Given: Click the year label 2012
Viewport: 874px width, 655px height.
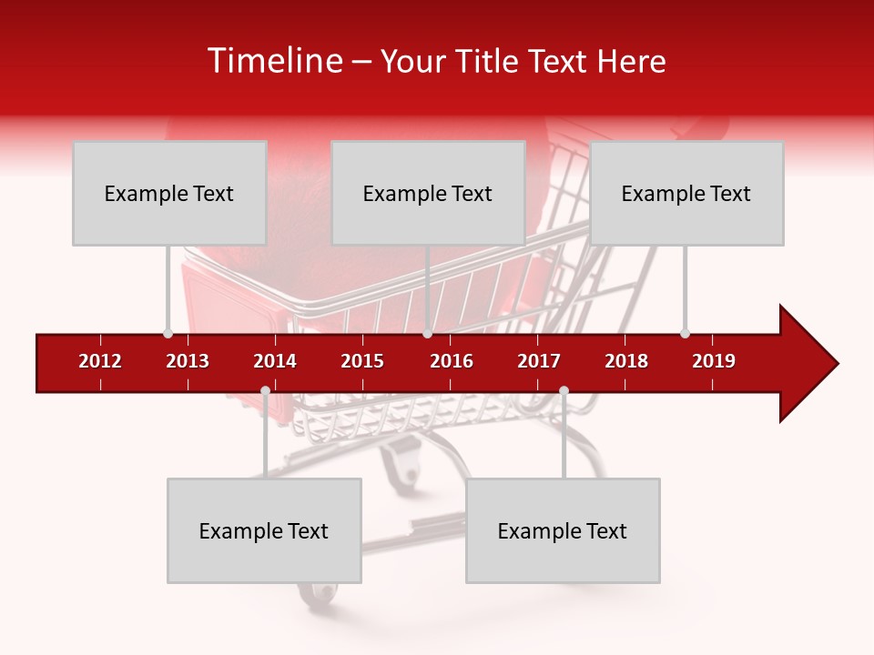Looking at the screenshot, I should [100, 361].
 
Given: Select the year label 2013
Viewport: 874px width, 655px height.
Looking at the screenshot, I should [188, 361].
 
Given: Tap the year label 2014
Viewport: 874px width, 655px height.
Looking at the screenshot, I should [275, 361].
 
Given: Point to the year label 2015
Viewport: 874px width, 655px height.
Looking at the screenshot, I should [362, 361].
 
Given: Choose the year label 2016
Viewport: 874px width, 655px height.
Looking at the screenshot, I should [452, 361].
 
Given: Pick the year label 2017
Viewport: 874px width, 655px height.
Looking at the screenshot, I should [539, 361].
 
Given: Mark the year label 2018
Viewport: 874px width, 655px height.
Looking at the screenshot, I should [626, 361].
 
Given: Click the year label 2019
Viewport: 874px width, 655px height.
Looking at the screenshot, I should [714, 361].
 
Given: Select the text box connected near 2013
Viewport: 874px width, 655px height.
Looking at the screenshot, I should [169, 193].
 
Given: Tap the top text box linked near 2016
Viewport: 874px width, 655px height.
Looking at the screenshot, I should [428, 193].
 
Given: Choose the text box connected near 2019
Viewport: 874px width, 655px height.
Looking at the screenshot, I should [686, 193].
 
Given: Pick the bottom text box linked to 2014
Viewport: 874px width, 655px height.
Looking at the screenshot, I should [264, 530].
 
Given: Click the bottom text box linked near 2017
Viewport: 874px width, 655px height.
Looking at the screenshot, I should [563, 530].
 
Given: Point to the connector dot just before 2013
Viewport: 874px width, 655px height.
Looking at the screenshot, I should [168, 333].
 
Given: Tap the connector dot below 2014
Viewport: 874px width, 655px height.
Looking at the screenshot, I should [265, 391].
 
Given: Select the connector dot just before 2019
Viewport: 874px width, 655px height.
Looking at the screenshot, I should [685, 333].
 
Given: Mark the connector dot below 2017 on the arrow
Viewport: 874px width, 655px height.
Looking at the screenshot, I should [564, 391].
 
